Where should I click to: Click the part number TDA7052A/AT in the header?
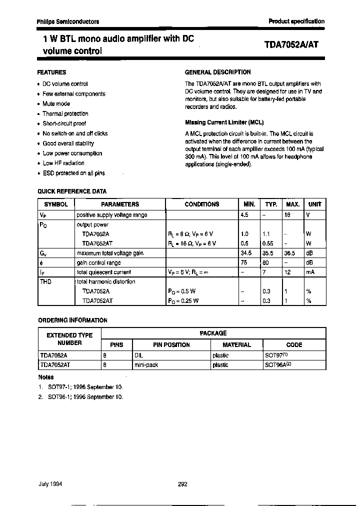click(290, 44)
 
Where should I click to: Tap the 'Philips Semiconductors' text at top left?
click(68, 21)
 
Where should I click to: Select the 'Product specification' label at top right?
click(296, 21)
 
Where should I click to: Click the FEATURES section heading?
click(52, 72)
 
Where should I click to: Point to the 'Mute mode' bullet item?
click(56, 103)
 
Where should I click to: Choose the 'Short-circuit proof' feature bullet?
click(64, 123)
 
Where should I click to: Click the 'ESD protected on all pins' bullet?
click(73, 173)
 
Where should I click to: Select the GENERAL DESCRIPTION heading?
click(218, 72)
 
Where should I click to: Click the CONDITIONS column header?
click(202, 204)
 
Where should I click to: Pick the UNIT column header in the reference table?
click(314, 204)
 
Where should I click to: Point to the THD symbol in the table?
click(45, 281)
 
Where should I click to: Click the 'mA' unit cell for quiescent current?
click(310, 272)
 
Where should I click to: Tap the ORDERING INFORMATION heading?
click(73, 320)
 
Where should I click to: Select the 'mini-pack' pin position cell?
click(146, 365)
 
